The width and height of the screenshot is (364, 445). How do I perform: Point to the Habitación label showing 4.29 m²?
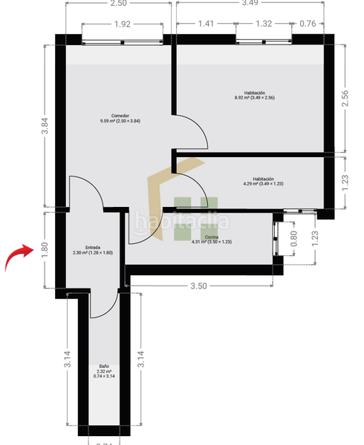click(263, 181)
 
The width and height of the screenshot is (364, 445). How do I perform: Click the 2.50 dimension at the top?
click(117, 4)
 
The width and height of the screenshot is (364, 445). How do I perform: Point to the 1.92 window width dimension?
click(123, 24)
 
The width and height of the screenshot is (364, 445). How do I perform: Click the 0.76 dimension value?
click(306, 24)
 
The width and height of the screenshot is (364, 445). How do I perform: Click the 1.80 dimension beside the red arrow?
click(45, 250)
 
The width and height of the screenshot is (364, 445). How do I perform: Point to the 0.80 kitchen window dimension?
click(294, 238)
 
